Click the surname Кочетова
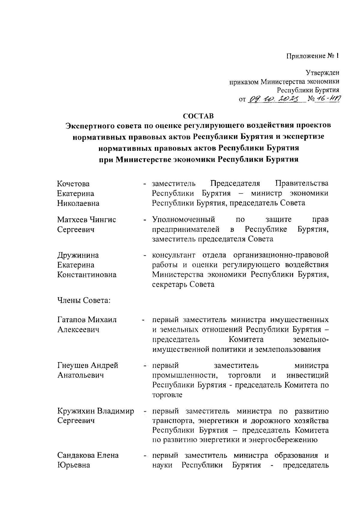(x=73, y=183)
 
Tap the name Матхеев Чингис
(x=86, y=219)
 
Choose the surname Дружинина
(x=78, y=255)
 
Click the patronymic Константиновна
(x=87, y=275)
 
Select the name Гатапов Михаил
(x=87, y=320)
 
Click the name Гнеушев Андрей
(x=88, y=365)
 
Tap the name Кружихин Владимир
(x=95, y=411)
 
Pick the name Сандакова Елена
(x=88, y=455)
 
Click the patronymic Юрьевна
(x=73, y=465)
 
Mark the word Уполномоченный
(x=183, y=219)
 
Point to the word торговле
(x=167, y=395)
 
